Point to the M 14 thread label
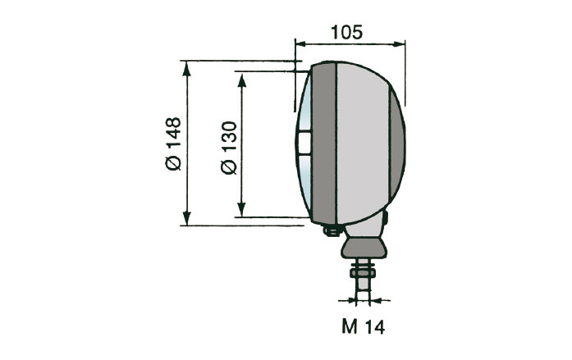click(362, 327)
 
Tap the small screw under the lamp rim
click(332, 230)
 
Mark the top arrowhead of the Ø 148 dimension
click(188, 66)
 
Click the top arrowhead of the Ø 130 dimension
click(241, 76)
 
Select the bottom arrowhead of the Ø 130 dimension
click(241, 212)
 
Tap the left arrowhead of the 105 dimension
click(300, 44)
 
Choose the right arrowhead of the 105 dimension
click(401, 44)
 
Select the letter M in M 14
click(348, 327)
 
